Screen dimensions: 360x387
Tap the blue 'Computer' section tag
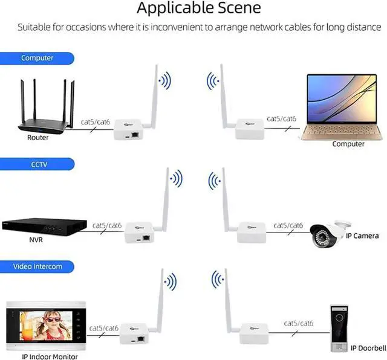[x=37, y=59]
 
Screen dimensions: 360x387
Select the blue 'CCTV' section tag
[x=37, y=163]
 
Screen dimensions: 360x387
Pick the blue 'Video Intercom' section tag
[x=37, y=266]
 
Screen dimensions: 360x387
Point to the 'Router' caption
[x=37, y=138]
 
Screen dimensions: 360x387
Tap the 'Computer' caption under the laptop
[x=348, y=144]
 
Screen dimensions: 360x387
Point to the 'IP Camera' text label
[x=366, y=236]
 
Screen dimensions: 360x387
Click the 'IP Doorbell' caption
[x=369, y=348]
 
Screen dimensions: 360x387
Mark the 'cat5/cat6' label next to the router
[x=96, y=123]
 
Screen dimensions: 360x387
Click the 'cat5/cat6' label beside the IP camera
[x=288, y=225]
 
